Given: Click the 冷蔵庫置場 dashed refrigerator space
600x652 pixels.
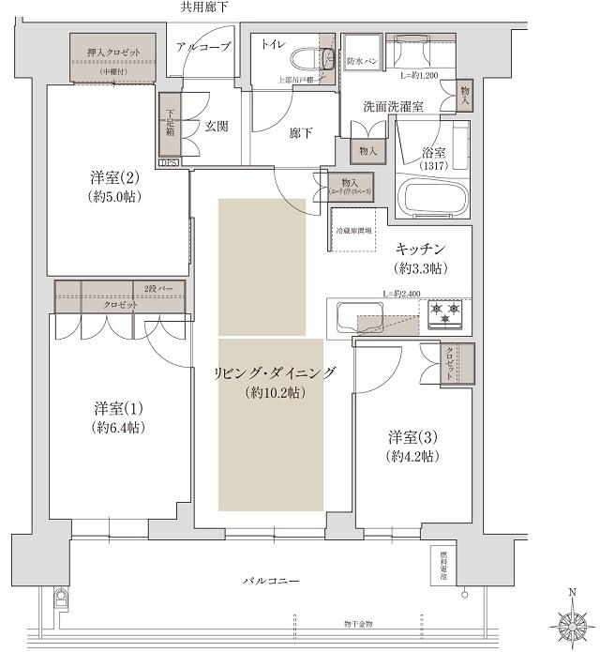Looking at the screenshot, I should [x=354, y=230].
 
